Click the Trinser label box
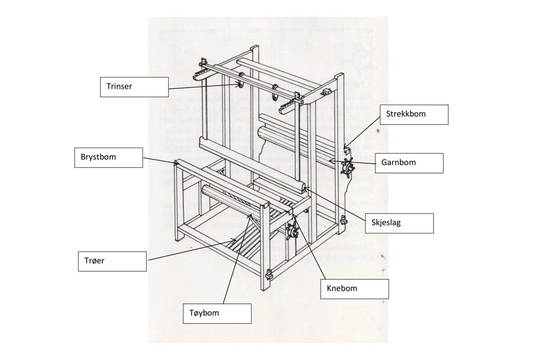tap(134, 87)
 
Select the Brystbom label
tap(107, 158)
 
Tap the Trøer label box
tap(111, 261)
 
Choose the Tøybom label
tap(217, 313)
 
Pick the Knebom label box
tap(354, 289)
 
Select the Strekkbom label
tap(414, 115)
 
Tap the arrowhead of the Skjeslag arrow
tap(304, 189)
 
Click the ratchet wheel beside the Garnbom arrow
tap(349, 167)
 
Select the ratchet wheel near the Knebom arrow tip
tap(293, 231)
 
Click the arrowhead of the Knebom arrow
tap(293, 215)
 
